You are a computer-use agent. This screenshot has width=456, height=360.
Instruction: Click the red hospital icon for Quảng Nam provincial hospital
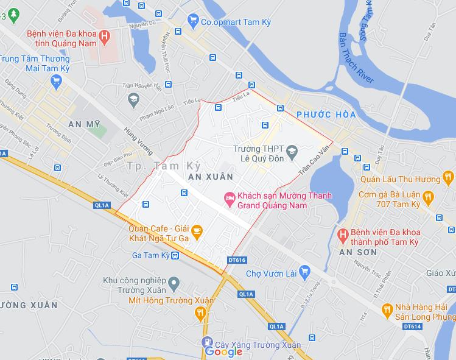[104, 37]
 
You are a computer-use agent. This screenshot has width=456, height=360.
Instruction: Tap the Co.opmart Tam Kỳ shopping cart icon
[194, 21]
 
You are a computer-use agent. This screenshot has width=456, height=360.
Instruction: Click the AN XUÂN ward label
[211, 176]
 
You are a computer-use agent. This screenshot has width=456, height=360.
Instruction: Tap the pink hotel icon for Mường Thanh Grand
[229, 197]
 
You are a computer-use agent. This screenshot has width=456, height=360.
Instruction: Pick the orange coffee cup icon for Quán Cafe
[197, 230]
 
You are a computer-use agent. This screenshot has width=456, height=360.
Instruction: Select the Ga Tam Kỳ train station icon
[175, 255]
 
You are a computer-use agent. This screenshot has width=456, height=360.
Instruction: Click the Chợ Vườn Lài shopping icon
[304, 273]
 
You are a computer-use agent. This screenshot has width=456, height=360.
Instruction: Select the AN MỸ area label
[84, 124]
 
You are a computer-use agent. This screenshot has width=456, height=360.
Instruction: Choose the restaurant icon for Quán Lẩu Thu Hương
[449, 178]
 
